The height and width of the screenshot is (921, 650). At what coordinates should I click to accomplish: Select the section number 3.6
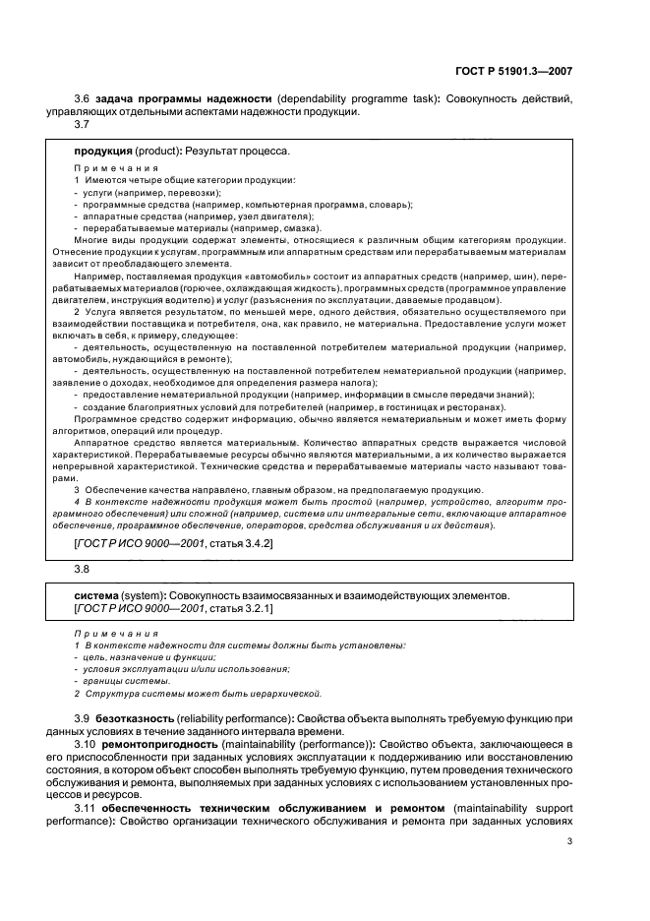pos(83,98)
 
